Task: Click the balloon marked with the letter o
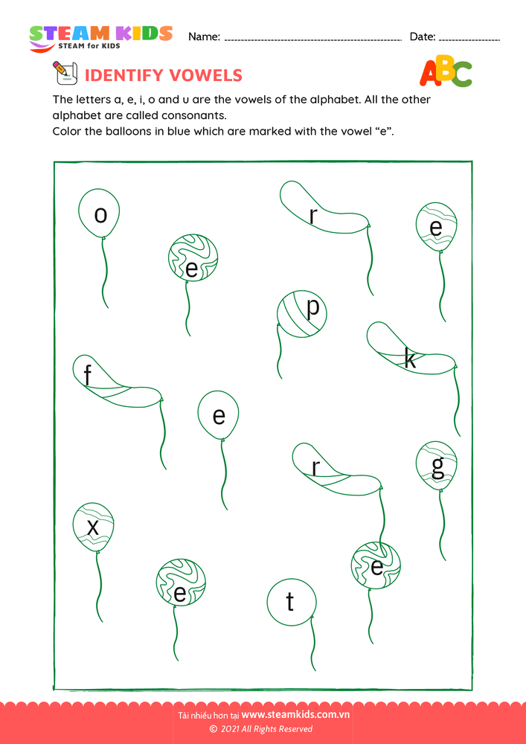pos(100,214)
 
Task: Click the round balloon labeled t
pos(291,601)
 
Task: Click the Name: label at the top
pos(204,36)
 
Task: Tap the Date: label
pos(423,36)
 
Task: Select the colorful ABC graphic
pos(446,72)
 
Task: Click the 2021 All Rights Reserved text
pos(266,729)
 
